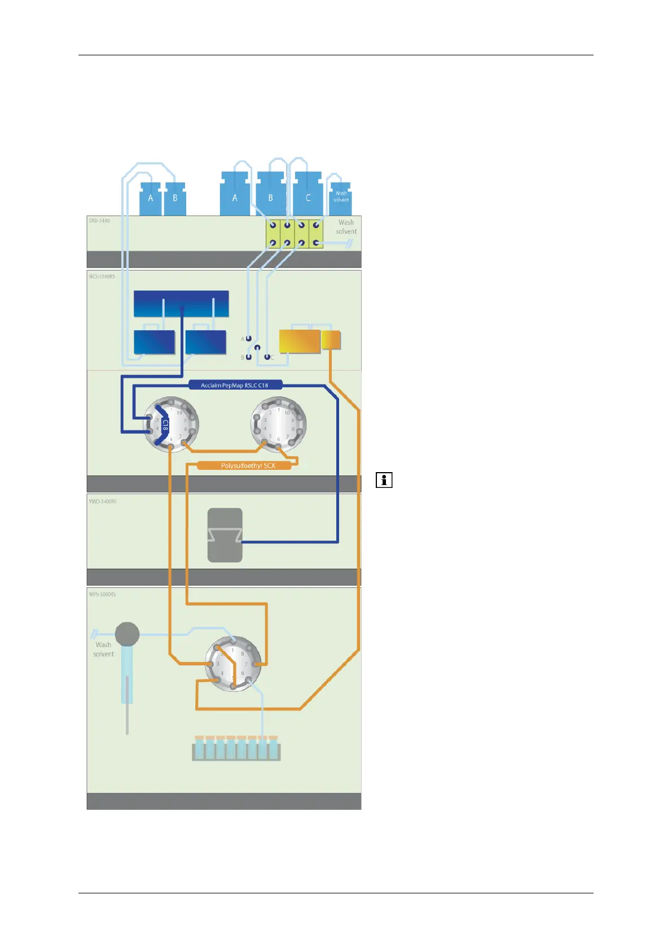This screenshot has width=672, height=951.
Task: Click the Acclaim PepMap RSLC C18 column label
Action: tap(235, 385)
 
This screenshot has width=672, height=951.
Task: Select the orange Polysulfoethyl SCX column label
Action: tap(248, 466)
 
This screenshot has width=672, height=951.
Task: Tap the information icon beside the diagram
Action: tap(384, 480)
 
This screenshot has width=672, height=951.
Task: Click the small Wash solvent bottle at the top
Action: tap(341, 198)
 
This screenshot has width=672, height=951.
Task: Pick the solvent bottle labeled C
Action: tap(308, 195)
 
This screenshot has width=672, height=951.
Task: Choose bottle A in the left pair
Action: tap(151, 198)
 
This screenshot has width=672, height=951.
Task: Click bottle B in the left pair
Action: tap(175, 198)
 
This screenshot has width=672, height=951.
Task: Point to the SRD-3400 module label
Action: tap(99, 221)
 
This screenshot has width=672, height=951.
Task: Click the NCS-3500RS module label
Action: tap(102, 277)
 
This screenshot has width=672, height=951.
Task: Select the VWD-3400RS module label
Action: tap(103, 501)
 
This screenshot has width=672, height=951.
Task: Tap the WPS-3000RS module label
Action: tap(102, 594)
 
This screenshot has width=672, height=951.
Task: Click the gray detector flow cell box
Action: tap(225, 535)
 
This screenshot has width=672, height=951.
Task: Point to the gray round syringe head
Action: tap(127, 634)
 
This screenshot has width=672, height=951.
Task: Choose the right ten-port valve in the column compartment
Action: tap(278, 424)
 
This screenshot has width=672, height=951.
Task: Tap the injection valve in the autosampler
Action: tap(232, 664)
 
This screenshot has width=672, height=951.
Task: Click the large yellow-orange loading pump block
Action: tap(300, 341)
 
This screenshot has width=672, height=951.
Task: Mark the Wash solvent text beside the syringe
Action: tap(103, 649)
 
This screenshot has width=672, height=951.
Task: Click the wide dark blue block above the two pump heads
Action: tap(181, 303)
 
